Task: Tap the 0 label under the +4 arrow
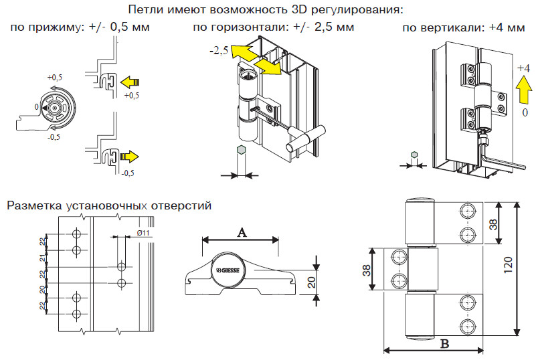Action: point(525,113)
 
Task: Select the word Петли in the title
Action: point(147,10)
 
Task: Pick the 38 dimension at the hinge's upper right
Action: point(494,223)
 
